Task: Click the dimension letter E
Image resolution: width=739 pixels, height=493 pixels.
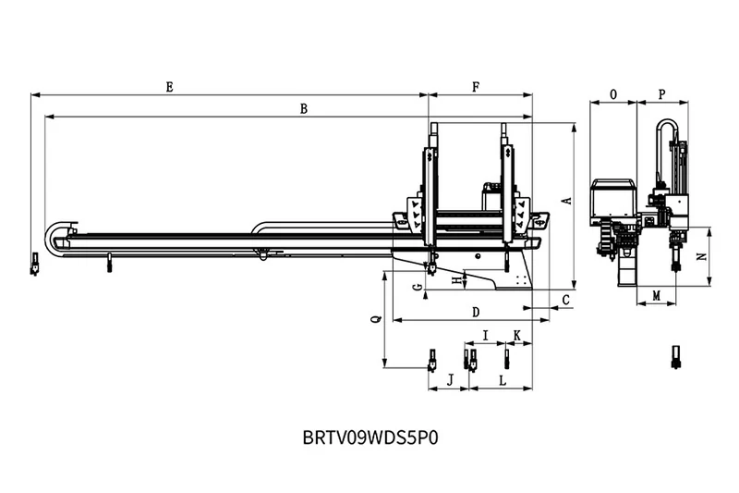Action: (x=169, y=87)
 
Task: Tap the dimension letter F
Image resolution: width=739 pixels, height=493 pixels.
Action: (x=476, y=87)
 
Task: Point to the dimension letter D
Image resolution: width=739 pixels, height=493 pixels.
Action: (x=476, y=311)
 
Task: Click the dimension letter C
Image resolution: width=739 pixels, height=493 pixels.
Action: (x=565, y=297)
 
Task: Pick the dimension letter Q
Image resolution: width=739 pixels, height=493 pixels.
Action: (x=374, y=319)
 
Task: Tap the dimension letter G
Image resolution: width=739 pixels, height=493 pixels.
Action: (x=418, y=288)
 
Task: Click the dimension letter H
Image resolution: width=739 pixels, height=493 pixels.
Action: (x=454, y=278)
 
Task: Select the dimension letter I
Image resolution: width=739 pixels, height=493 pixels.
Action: (x=485, y=334)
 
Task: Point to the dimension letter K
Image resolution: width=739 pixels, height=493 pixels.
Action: (x=516, y=334)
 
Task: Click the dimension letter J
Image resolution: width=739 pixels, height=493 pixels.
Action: (x=450, y=379)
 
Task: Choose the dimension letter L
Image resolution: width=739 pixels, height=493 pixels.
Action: (x=502, y=379)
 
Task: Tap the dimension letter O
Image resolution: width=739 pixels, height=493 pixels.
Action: (x=613, y=94)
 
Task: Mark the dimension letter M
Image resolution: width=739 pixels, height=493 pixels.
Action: (x=657, y=295)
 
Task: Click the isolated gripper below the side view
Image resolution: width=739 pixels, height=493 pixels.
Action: (x=674, y=356)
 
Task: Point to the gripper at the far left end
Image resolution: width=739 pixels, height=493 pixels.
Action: (x=34, y=265)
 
